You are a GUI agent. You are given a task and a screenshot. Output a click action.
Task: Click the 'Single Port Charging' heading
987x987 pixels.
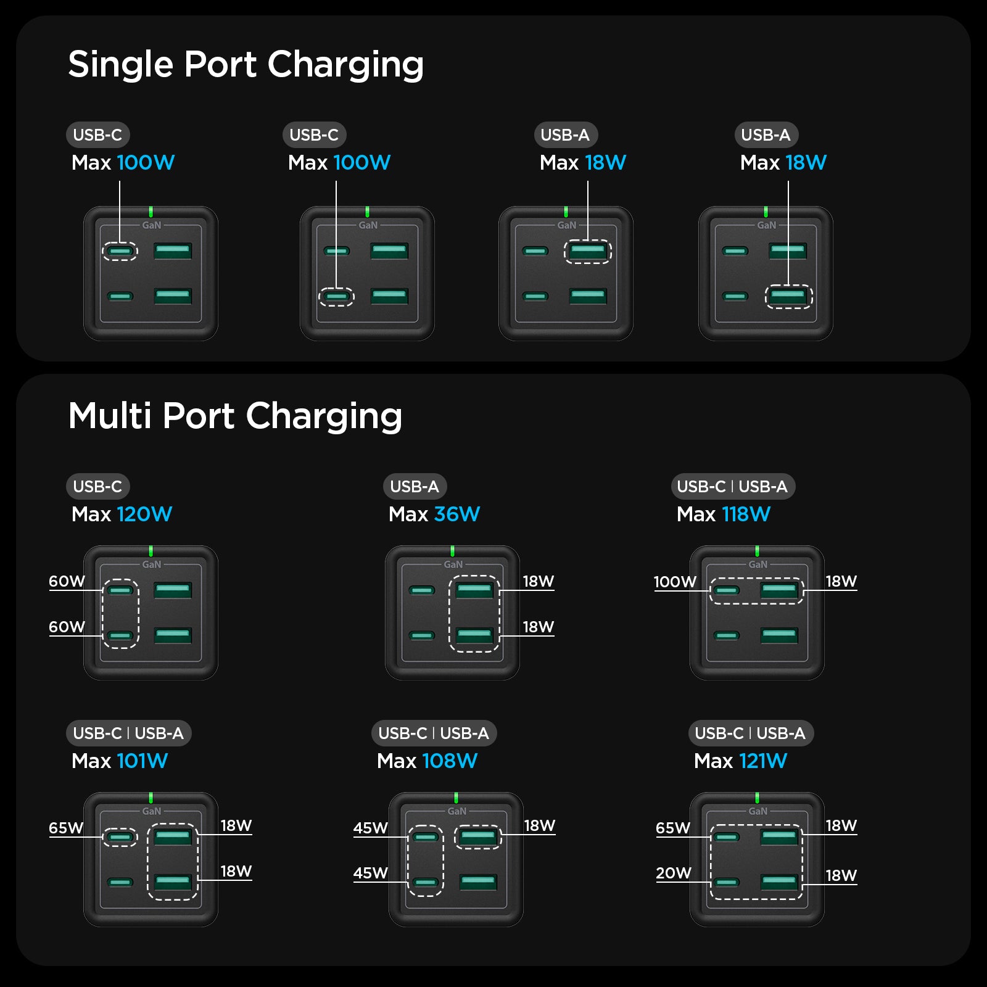coord(246,64)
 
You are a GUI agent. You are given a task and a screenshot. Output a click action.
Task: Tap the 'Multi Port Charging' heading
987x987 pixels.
coord(235,416)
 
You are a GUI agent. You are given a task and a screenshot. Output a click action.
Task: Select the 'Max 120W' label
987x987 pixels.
coord(122,514)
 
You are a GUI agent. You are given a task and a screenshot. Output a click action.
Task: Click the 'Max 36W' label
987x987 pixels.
coord(434,514)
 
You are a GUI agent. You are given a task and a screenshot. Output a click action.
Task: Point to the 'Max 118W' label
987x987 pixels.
coord(723,514)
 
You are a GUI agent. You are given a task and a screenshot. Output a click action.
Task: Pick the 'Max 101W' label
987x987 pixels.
coord(120,761)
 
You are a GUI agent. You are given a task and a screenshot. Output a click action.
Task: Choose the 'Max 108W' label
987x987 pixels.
coord(427,761)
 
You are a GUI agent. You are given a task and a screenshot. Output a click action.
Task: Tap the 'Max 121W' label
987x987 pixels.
coord(740,761)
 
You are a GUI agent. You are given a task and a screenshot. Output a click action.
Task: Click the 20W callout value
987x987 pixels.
coord(673,873)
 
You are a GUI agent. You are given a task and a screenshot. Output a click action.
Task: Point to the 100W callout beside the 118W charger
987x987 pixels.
coord(675,582)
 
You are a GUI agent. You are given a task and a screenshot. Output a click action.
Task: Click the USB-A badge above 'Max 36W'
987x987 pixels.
coord(415,487)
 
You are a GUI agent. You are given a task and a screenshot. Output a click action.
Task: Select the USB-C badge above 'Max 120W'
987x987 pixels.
coord(97,487)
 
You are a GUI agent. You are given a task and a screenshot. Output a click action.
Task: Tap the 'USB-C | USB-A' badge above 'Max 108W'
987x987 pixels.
coord(434,733)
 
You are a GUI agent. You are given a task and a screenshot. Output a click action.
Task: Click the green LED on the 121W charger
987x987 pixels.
coord(757,798)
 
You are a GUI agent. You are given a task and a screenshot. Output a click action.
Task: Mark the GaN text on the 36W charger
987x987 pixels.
coord(453,564)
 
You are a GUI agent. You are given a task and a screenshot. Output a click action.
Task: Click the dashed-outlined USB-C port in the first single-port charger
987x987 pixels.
coord(120,251)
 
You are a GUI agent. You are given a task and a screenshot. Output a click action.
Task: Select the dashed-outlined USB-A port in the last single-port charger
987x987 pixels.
coord(788,297)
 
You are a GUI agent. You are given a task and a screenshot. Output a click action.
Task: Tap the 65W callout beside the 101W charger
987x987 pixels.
coord(66,828)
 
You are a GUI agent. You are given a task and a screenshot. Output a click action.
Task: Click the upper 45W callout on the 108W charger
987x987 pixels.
coord(370,828)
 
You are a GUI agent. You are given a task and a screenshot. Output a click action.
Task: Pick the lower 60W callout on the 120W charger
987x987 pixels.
coord(67,627)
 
